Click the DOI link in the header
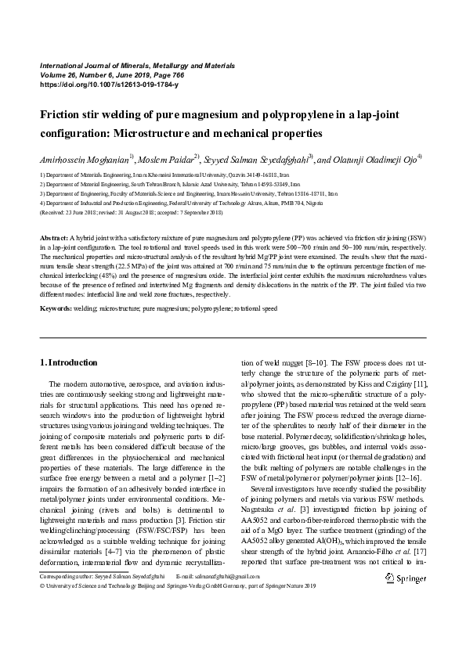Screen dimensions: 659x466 (x=108, y=84)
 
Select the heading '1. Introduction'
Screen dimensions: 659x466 (x=68, y=362)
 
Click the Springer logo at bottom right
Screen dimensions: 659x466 (x=406, y=578)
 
